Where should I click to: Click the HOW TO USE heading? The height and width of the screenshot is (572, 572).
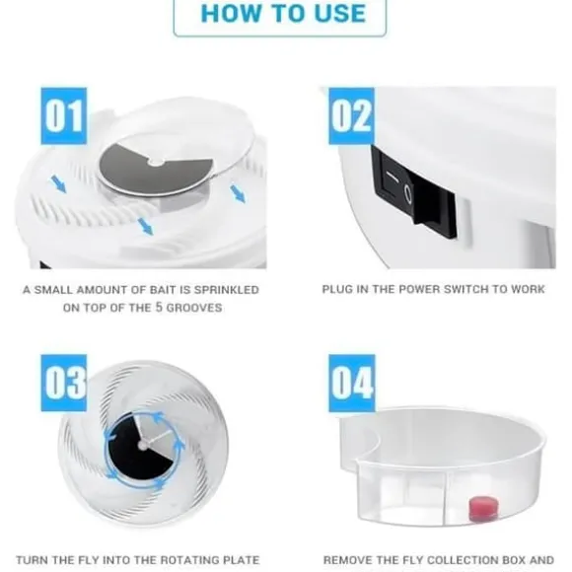283,14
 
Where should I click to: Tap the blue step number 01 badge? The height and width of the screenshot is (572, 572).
64,116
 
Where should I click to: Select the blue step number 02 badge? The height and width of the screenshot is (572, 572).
352,116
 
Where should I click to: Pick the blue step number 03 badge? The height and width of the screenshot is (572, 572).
64,383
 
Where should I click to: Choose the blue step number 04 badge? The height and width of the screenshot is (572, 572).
352,383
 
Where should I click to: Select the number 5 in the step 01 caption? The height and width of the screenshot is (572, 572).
159,307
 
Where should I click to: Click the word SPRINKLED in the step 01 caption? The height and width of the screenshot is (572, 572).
226,290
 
